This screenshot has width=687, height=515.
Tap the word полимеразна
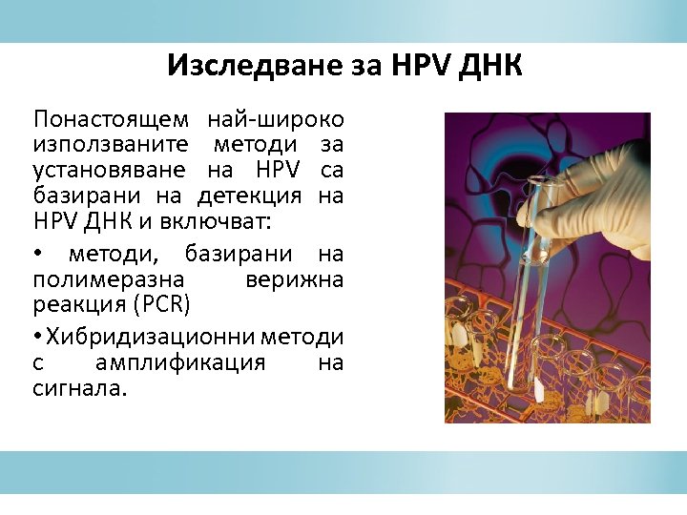108,281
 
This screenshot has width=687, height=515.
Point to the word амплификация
180,363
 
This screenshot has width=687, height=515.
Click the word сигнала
78,389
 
